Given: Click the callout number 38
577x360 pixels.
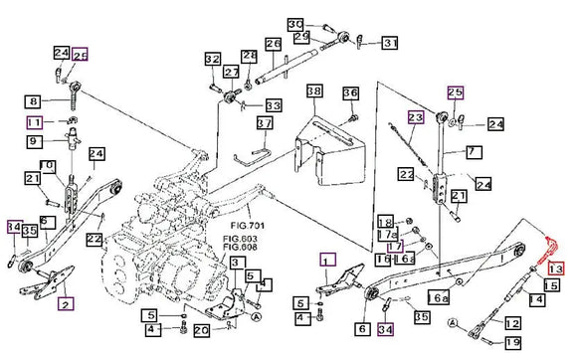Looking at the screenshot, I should point(314,91).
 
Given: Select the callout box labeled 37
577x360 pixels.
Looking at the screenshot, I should point(264,123).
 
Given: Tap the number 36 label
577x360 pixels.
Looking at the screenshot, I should point(349,93).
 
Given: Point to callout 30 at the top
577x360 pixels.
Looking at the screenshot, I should point(295,23).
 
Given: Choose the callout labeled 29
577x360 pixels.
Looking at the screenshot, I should point(301,37).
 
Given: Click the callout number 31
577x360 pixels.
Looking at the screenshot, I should point(389,43).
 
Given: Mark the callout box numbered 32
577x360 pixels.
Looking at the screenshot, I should point(212,60).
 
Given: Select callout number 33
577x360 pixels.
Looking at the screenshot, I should point(272,105).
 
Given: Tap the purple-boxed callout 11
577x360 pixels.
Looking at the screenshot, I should point(33,122).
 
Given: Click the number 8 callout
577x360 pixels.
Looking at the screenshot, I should point(33,101).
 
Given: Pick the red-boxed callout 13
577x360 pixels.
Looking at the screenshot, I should point(555,269).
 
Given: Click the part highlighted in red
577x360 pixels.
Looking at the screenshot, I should point(545,252).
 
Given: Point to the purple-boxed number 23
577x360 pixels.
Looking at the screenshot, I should point(415,117).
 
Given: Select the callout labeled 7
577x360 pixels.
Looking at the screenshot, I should point(473,151).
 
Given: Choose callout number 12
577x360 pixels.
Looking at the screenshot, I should point(511,323).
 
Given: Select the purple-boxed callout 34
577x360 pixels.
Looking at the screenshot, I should point(385,329).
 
